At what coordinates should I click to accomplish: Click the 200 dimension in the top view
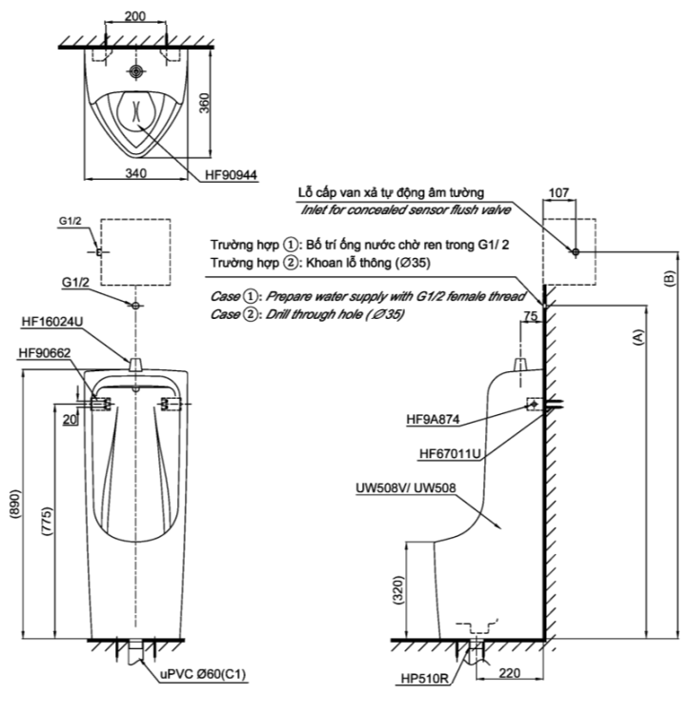(x=135, y=17)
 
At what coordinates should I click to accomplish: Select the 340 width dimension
(x=135, y=172)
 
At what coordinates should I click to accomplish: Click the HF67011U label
(x=449, y=453)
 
